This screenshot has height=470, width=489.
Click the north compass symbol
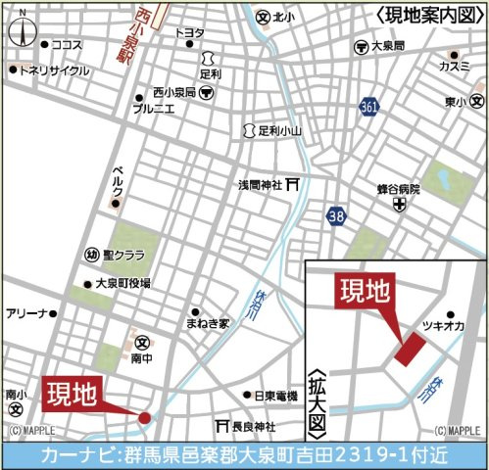pos(20,32)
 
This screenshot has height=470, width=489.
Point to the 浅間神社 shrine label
pos(260,185)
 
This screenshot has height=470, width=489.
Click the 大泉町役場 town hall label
pos(122,283)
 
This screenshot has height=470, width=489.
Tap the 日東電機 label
pos(274,396)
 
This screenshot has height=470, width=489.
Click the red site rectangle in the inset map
pos(410,349)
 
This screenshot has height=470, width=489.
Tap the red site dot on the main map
pos(145,418)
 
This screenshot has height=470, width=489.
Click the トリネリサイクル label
pos(54,70)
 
